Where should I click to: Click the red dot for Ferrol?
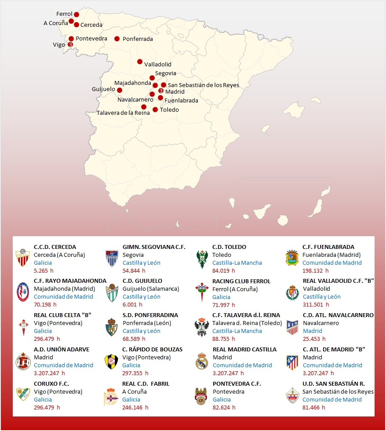coord(76,15)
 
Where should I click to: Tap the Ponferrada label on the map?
coord(138,39)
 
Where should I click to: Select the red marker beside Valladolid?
coord(140,62)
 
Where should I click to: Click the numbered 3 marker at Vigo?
coord(70,44)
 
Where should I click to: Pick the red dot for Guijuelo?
coord(120,90)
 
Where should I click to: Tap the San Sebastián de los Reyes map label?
coord(204,85)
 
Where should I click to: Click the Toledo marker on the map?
coord(155,110)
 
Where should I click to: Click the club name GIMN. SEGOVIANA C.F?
coord(154,247)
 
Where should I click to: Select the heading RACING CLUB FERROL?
coord(241,281)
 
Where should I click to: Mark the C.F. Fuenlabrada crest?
coord(292,258)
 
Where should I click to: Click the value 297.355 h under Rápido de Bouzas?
coord(135,373)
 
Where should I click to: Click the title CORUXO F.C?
coord(51,384)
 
